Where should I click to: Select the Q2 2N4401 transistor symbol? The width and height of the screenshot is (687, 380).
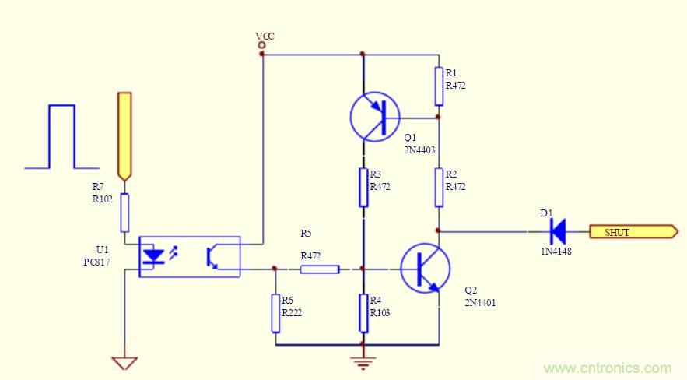point(425,268)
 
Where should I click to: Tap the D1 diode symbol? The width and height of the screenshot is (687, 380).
point(556,230)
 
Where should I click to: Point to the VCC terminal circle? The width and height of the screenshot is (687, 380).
point(262,46)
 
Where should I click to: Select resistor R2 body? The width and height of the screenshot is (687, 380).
point(439,187)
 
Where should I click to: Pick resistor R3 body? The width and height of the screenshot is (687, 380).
point(363,187)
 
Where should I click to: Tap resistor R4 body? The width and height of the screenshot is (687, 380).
point(363,313)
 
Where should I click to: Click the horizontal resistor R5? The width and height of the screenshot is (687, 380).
point(320,269)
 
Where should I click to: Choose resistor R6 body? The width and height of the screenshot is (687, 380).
point(275,313)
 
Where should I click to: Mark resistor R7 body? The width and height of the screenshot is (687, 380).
point(124,213)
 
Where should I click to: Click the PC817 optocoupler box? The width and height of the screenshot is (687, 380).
point(189,257)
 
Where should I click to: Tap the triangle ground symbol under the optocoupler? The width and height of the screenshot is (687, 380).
point(124,363)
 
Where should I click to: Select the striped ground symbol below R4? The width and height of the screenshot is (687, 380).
point(363,361)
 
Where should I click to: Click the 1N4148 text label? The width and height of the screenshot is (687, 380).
point(556,251)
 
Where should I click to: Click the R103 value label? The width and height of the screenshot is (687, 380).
point(380,313)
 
